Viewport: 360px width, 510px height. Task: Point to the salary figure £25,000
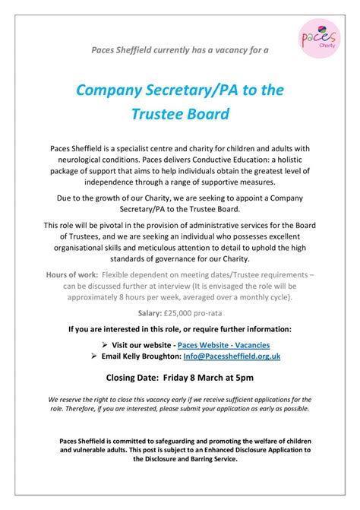point(192,312)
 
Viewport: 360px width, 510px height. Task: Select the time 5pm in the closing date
point(242,378)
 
